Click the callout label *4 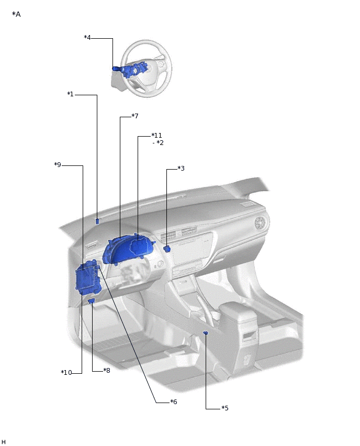pos(87,38)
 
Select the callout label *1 pos(71,94)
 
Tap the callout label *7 pos(134,116)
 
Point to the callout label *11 pos(156,136)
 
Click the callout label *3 pos(181,169)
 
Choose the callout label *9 pos(58,165)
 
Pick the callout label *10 pos(66,373)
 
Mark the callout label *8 pos(106,371)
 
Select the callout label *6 pos(173,402)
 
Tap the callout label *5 pos(224,408)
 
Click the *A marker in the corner pos(16,14)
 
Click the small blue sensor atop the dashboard pos(97,221)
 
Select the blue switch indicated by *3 pos(167,249)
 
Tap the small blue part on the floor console pos(206,333)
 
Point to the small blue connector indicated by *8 pos(92,302)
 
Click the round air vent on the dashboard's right pos(260,224)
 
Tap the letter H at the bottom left pos(4,442)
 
